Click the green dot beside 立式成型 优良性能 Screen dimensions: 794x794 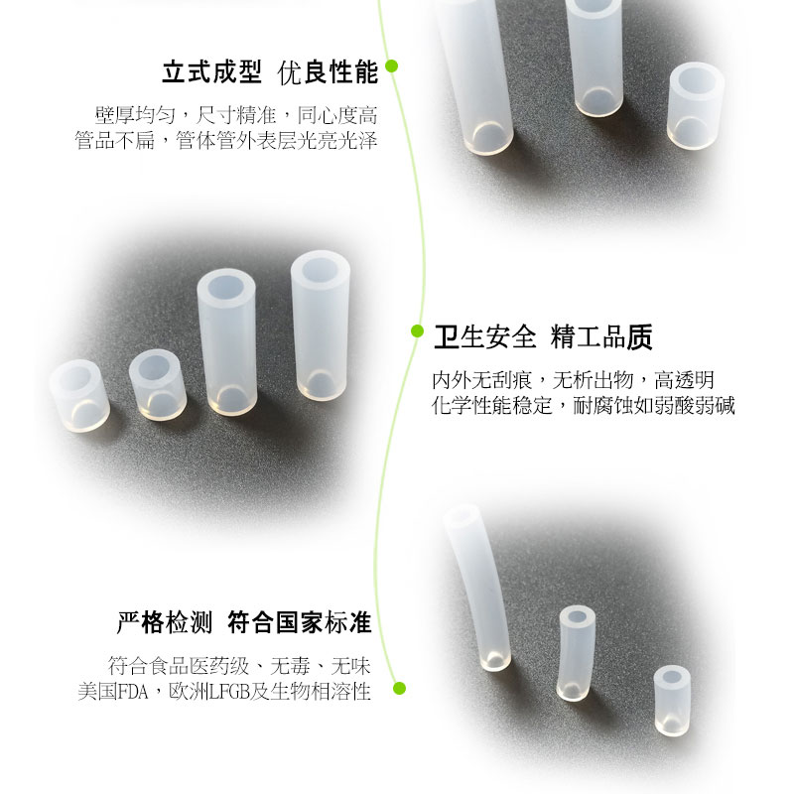[x=391, y=66]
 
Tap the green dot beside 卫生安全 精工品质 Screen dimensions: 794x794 [x=417, y=331]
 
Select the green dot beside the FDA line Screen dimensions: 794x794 [x=400, y=688]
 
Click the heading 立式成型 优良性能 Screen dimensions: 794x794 [x=270, y=72]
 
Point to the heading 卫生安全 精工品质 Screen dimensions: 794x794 [x=543, y=337]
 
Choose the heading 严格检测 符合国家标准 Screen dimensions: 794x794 [x=244, y=622]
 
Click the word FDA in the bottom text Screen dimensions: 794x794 [x=133, y=692]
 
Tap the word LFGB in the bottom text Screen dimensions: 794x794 [x=229, y=692]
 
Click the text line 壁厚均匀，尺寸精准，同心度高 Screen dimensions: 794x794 [x=236, y=115]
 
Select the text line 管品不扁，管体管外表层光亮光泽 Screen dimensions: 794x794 [x=226, y=140]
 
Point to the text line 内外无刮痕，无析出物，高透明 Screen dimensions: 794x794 [x=574, y=380]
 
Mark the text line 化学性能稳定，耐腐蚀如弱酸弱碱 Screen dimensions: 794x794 [x=583, y=405]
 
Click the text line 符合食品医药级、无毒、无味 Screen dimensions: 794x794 [x=239, y=666]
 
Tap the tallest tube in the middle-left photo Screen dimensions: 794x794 [x=320, y=326]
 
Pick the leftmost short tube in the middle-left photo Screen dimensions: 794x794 [x=79, y=395]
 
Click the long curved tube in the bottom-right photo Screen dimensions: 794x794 [x=477, y=588]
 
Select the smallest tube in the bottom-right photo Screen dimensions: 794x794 [x=672, y=701]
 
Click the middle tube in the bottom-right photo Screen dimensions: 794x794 [x=576, y=653]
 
